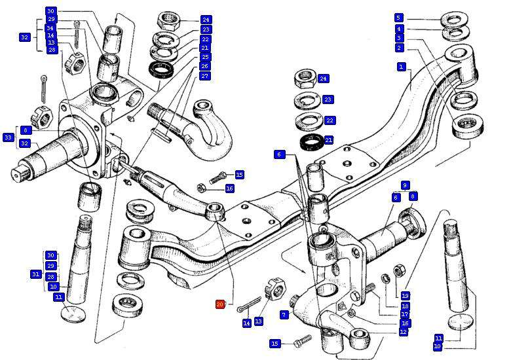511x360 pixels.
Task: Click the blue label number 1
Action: tap(402, 66)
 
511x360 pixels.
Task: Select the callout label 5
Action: tap(399, 18)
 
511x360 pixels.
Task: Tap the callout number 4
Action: tap(399, 29)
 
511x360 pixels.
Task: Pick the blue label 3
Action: tap(399, 39)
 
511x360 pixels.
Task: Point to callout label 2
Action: tap(399, 48)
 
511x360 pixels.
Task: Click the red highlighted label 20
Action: tap(220, 304)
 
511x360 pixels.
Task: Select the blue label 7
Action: tap(284, 315)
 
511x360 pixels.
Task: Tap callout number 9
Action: tap(406, 186)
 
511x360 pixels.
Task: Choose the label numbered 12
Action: tap(404, 332)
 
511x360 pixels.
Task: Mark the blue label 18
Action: tap(406, 306)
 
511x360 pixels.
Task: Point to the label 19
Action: tap(406, 296)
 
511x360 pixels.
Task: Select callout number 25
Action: tap(205, 58)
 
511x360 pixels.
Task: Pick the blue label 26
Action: tap(205, 67)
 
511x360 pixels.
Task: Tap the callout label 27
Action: tap(205, 76)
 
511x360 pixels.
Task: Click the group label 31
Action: tap(36, 274)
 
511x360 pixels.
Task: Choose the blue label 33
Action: tap(8, 137)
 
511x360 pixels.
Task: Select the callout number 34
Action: tap(50, 28)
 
